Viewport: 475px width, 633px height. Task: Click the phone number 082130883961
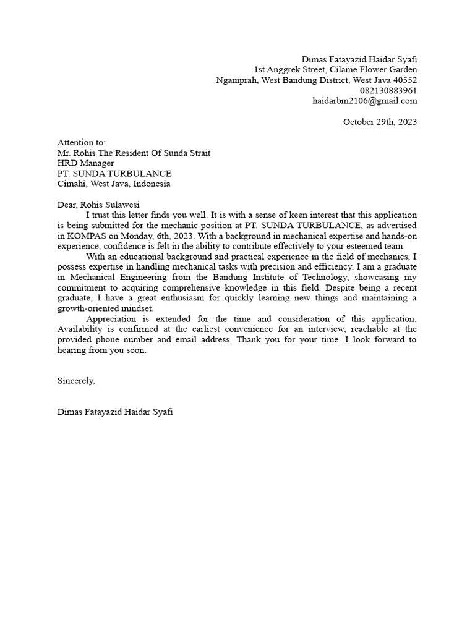388,90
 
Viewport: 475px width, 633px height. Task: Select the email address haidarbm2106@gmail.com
364,101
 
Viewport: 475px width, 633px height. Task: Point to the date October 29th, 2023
380,122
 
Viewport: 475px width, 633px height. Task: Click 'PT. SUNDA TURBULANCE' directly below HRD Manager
114,174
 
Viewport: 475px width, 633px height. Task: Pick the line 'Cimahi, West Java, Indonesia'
114,184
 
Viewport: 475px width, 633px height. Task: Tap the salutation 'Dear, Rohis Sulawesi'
98,205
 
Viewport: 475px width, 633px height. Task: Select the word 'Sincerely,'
76,381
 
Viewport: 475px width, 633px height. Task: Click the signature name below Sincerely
114,412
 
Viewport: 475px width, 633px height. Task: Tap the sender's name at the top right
359,59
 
